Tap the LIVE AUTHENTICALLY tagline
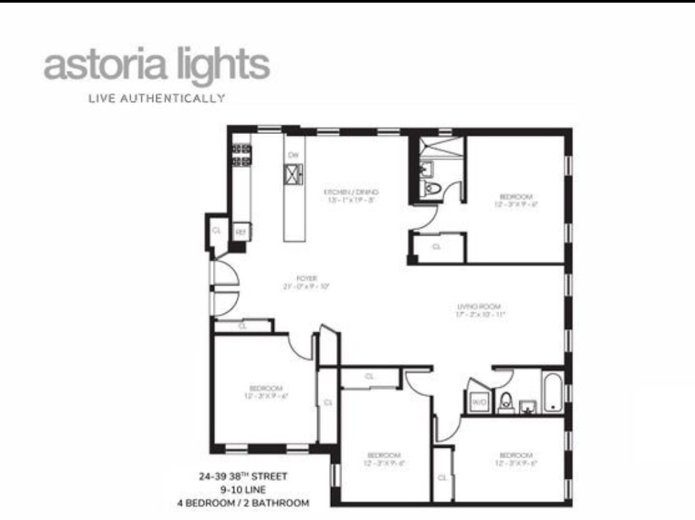[157, 99]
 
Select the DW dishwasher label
[293, 155]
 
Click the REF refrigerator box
[241, 232]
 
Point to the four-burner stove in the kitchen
[241, 155]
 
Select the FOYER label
[306, 278]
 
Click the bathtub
[552, 394]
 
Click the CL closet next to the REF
[216, 231]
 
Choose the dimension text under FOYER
[306, 287]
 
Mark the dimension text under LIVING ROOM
[481, 315]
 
